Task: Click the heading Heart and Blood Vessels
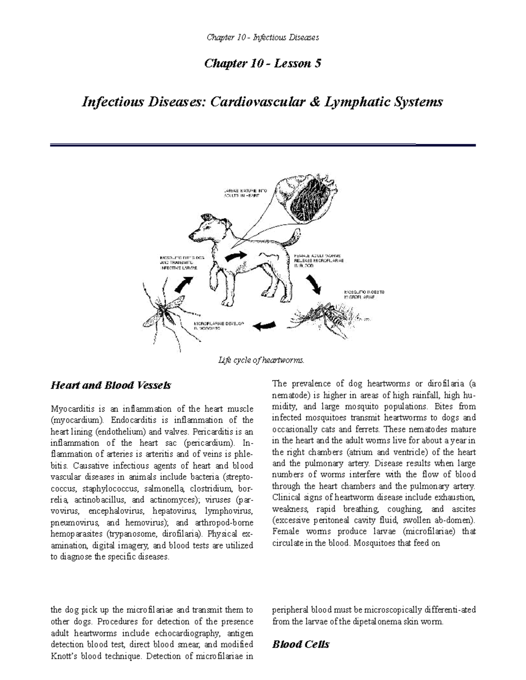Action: coord(111,386)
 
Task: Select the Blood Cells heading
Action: coord(301,644)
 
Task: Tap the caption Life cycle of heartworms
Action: coord(261,360)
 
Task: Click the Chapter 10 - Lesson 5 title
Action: coord(263,63)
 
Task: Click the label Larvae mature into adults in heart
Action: coord(243,193)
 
